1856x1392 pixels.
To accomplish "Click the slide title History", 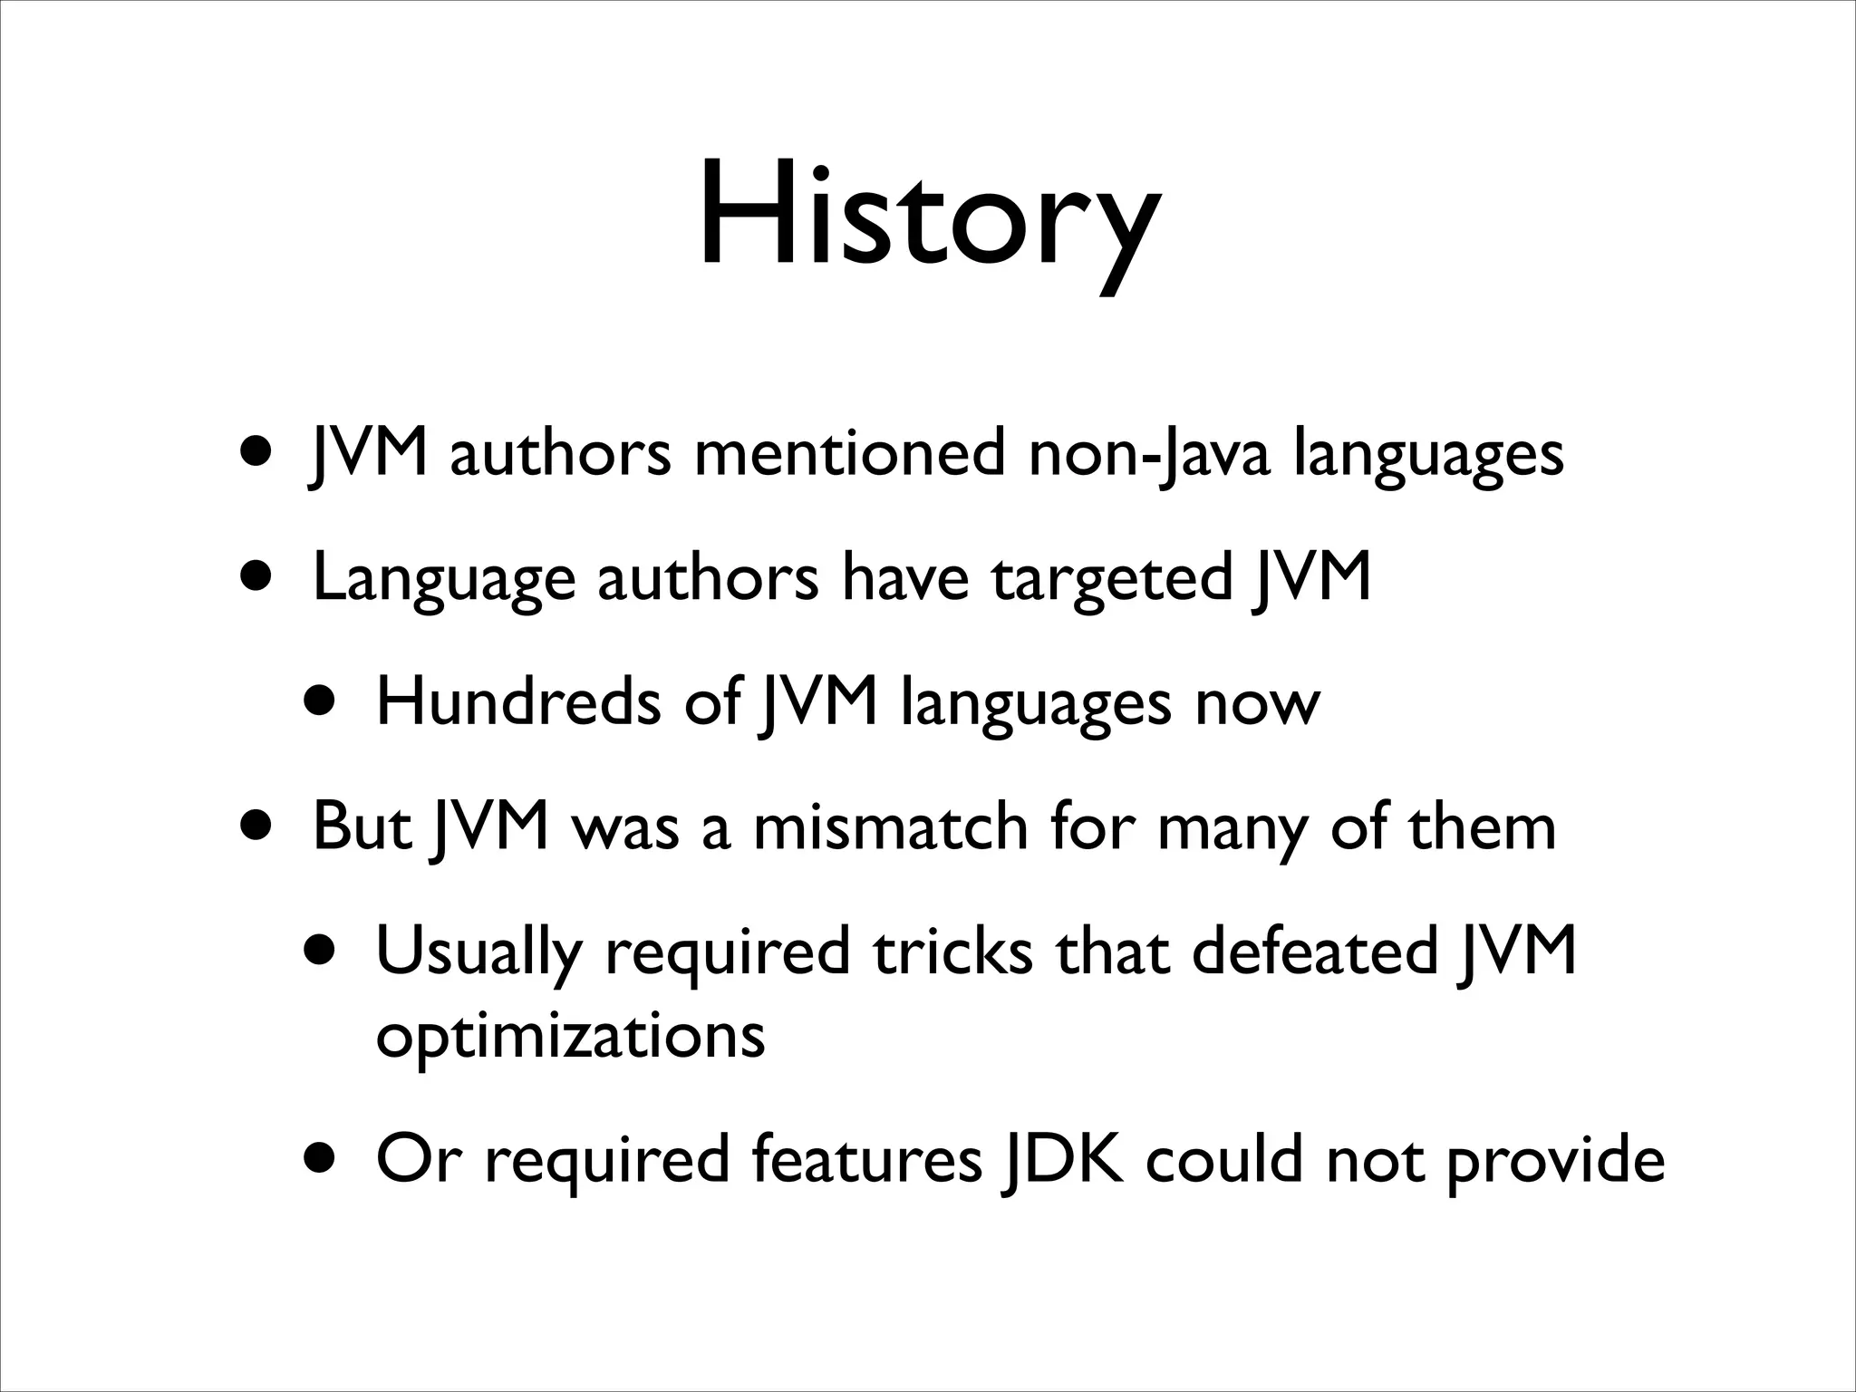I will coord(927,217).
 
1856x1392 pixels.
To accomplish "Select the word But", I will coord(362,826).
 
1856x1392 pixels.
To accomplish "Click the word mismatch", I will coord(890,826).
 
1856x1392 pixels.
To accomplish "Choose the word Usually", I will coord(478,952).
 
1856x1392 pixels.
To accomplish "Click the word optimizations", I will coord(570,1035).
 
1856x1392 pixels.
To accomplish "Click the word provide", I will coord(1555,1160).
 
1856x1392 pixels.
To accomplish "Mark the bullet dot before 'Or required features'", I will coord(324,1157).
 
